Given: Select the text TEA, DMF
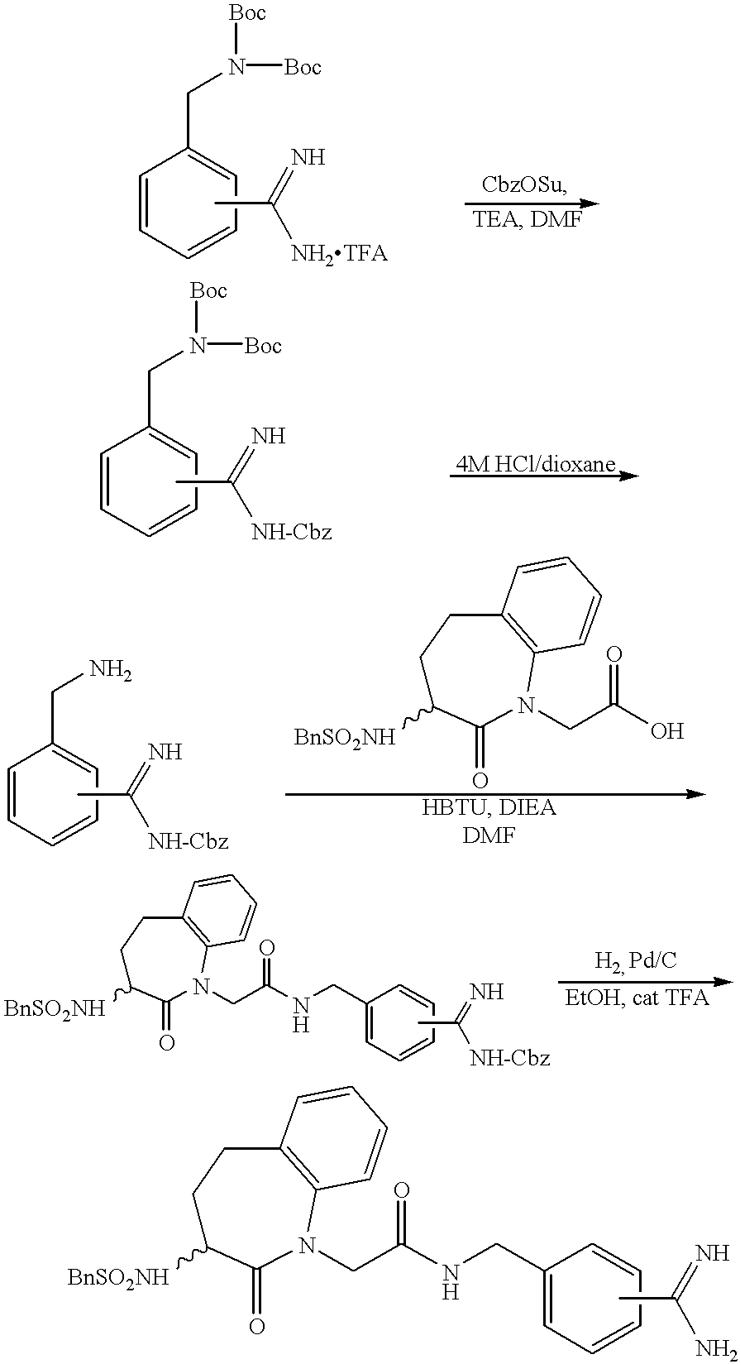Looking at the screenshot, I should pos(527,218).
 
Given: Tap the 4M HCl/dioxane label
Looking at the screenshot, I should pos(536,464).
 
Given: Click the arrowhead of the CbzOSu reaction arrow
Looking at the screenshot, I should pos(588,203).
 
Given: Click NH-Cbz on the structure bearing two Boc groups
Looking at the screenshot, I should pos(292,532).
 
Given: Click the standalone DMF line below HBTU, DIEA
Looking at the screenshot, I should pos(489,836).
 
